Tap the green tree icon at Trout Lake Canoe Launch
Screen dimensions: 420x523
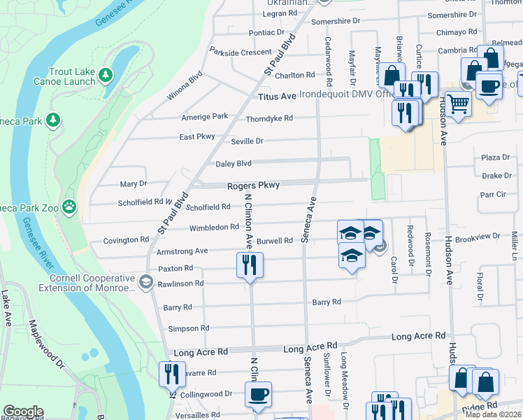pyautogui.click(x=106, y=74)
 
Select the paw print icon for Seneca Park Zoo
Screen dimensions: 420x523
pyautogui.click(x=69, y=206)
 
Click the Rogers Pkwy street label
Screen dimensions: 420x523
pyautogui.click(x=253, y=185)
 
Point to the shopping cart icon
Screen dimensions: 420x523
pyautogui.click(x=459, y=104)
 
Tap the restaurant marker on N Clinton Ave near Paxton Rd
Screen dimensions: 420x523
pyautogui.click(x=250, y=265)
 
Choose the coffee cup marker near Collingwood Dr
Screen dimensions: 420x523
pyautogui.click(x=258, y=393)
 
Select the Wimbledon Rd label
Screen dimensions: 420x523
pyautogui.click(x=214, y=227)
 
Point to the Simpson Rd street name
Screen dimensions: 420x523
pyautogui.click(x=189, y=328)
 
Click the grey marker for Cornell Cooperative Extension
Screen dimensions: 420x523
pyautogui.click(x=145, y=282)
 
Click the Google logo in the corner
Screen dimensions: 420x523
pyautogui.click(x=23, y=411)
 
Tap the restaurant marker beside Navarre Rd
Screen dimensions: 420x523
pyautogui.click(x=170, y=374)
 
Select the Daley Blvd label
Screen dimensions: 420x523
pyautogui.click(x=234, y=164)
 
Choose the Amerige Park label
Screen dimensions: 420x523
pyautogui.click(x=205, y=116)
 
